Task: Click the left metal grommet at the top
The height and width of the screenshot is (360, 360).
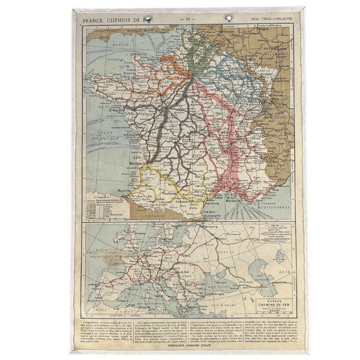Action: tap(147, 19)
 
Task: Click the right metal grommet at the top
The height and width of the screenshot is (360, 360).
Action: tap(228, 19)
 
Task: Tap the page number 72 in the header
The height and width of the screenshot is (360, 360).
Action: tap(188, 20)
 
